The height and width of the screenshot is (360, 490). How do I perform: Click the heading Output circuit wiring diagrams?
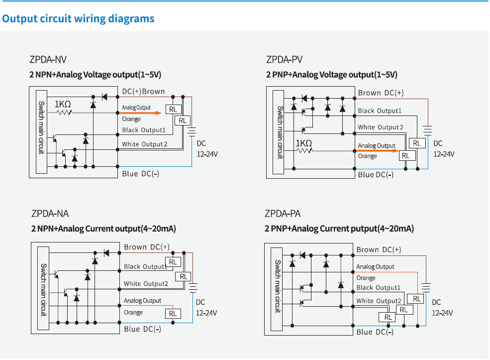tap(78, 19)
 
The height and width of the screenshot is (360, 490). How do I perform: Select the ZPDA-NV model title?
tap(48, 60)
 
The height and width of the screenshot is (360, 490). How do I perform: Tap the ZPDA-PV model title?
tap(284, 60)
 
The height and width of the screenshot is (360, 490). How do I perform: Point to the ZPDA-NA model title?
tap(50, 214)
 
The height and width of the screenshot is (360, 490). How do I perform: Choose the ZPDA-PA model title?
tap(283, 214)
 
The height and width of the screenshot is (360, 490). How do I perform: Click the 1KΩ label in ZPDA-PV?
tap(303, 143)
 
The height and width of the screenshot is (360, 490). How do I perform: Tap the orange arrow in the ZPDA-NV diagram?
tap(142, 113)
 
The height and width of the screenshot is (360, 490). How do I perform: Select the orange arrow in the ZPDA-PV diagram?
tap(378, 150)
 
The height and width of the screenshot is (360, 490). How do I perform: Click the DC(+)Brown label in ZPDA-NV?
tap(143, 92)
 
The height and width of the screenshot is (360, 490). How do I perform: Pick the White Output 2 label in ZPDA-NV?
tap(145, 144)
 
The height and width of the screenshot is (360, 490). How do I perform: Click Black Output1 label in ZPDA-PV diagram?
tap(379, 111)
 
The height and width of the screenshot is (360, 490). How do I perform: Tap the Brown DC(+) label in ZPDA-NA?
tap(147, 247)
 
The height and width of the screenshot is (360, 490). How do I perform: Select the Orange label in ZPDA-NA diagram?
tap(133, 313)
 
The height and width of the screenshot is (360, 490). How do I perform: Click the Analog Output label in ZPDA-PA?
tap(375, 267)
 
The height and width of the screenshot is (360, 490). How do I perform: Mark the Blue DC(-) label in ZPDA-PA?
tap(375, 332)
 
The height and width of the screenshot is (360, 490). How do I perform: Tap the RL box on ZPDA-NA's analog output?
tap(173, 313)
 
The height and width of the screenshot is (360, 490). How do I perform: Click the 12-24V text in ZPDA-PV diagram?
tap(444, 154)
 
